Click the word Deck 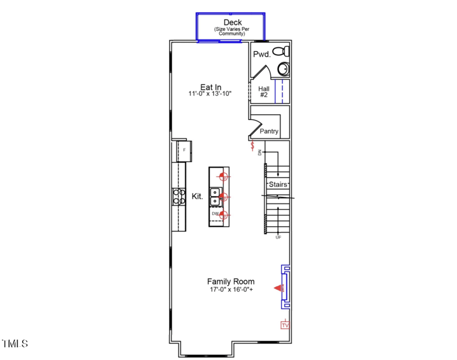232,22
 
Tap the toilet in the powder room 279,51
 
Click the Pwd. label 261,54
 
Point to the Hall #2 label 264,92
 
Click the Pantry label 269,131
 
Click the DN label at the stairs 260,153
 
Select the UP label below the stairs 278,237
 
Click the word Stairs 278,185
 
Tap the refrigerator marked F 183,150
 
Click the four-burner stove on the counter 179,197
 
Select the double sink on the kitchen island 215,197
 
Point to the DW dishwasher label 215,214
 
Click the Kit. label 198,196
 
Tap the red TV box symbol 285,325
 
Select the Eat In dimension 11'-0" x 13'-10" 210,93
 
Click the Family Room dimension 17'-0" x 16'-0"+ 230,290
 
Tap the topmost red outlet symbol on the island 224,177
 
